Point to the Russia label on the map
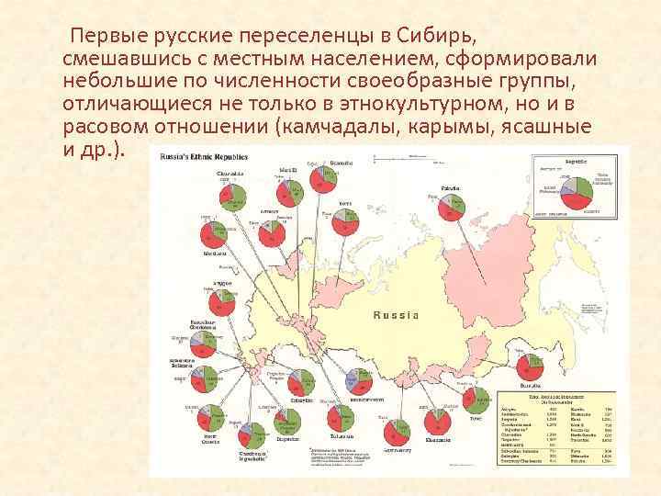[x=397, y=315]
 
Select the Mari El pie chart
[x=291, y=190]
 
